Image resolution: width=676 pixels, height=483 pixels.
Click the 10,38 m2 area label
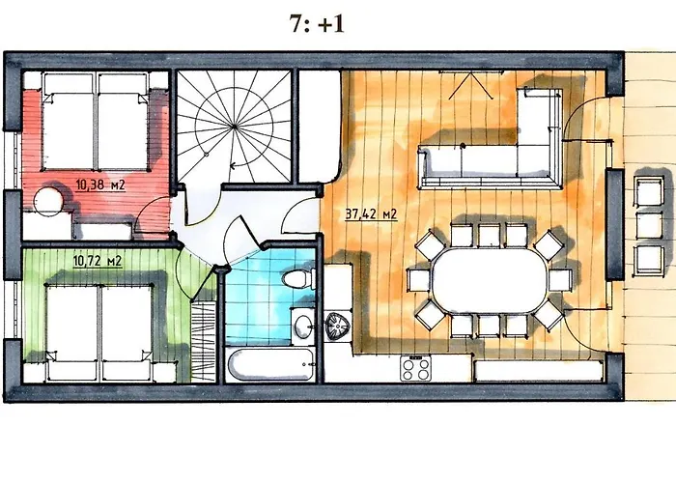pos(100,185)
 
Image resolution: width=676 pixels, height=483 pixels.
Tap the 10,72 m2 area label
pos(98,262)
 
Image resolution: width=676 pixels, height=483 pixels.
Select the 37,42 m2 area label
pos(371,214)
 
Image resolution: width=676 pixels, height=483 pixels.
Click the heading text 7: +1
pos(318,24)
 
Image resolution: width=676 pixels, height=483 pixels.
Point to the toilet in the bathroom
pos(298,278)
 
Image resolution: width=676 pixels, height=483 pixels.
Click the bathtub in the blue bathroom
pos(270,364)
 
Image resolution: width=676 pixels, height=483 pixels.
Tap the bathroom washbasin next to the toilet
pos(303,327)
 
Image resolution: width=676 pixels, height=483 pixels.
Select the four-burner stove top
pos(415,369)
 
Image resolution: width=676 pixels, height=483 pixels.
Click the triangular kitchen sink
pos(338,327)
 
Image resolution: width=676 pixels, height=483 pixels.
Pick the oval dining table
pos(490,280)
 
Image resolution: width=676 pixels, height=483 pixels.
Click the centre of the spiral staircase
pos(234,127)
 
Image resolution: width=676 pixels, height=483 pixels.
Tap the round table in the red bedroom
pos(49,201)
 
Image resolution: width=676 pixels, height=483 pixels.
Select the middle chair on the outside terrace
pos(650,225)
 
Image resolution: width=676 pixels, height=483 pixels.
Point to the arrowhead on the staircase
pos(234,165)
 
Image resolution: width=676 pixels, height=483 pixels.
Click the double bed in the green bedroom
pos(99,332)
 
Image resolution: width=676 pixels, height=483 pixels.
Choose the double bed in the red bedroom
pos(96,121)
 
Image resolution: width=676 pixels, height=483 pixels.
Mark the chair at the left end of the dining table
pos(418,280)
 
